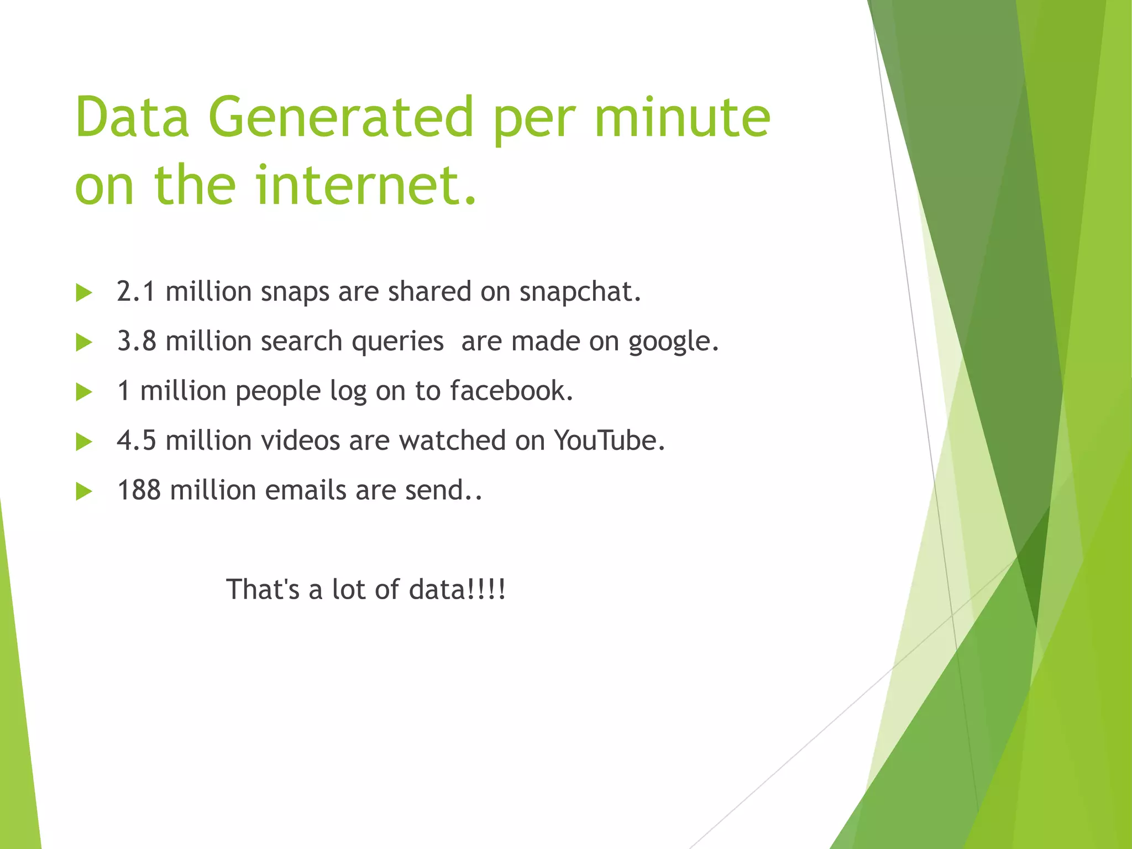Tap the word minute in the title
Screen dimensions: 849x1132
[682, 117]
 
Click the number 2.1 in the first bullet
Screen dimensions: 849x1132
[135, 291]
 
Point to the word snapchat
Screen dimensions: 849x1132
[579, 292]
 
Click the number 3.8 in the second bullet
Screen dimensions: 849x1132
[136, 341]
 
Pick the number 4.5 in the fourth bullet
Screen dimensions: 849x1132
[136, 441]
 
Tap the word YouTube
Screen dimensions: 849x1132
[609, 441]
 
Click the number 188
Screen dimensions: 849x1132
[139, 490]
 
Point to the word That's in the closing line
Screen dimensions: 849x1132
[263, 589]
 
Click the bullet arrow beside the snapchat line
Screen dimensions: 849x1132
[84, 293]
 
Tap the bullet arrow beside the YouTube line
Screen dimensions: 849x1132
[84, 442]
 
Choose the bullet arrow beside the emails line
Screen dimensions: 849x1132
[84, 491]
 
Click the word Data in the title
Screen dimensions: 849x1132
[133, 117]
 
